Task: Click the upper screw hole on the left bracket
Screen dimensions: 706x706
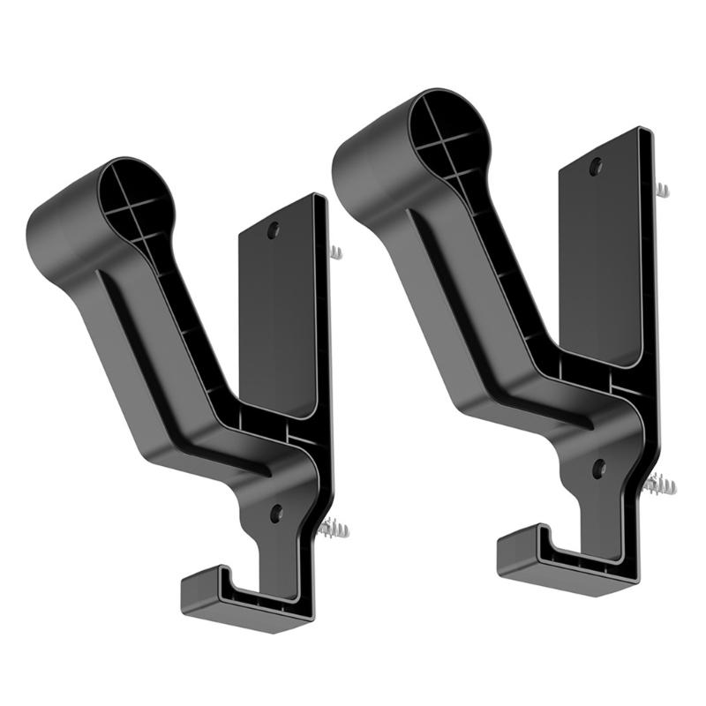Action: (x=273, y=229)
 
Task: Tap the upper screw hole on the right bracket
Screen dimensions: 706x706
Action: (x=597, y=165)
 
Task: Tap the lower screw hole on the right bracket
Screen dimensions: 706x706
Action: (x=598, y=468)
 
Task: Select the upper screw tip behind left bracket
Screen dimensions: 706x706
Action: (x=336, y=252)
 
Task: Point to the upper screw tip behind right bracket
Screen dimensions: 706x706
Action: (x=663, y=190)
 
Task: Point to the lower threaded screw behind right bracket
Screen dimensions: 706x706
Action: (x=660, y=484)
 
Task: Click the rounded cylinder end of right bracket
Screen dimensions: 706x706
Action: (x=371, y=159)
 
